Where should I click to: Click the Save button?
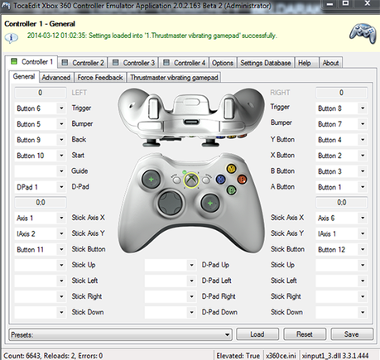click(x=352, y=334)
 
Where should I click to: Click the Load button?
click(x=257, y=334)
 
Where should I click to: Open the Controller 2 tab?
click(x=83, y=63)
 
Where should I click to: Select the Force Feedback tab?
click(x=100, y=78)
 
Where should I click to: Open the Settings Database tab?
click(x=266, y=63)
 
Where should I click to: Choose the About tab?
click(x=330, y=63)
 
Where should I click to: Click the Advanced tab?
click(x=56, y=78)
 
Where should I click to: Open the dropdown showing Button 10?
click(x=41, y=156)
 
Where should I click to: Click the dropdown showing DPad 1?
click(x=41, y=187)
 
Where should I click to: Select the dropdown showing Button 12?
click(x=341, y=249)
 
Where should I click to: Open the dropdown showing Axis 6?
click(x=341, y=218)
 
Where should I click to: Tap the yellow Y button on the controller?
click(x=231, y=168)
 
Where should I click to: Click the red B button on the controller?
click(x=242, y=180)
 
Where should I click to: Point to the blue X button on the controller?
click(x=220, y=180)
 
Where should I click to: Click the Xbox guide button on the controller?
click(x=191, y=180)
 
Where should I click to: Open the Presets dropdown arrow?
click(x=227, y=334)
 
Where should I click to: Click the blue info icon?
click(x=12, y=37)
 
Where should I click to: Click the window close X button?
click(x=367, y=3)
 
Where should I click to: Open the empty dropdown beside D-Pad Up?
click(x=171, y=265)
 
